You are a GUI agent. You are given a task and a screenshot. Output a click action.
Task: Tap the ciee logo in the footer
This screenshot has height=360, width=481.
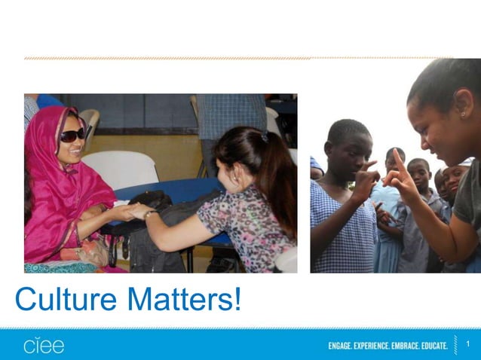44,345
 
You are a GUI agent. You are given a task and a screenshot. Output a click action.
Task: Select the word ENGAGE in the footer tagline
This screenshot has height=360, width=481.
343,346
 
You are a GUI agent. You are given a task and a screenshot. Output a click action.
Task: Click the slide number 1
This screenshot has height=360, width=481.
468,345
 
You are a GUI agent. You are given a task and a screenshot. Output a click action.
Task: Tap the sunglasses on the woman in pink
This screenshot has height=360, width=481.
73,135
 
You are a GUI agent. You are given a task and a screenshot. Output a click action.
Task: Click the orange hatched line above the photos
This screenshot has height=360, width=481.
166,58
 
